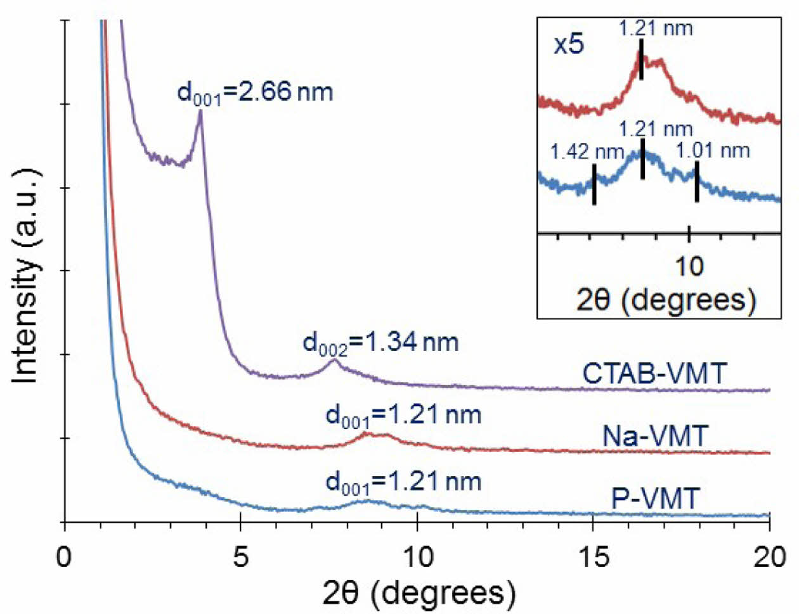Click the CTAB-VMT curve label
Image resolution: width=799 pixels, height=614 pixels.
pyautogui.click(x=654, y=373)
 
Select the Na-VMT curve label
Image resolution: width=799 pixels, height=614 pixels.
pyautogui.click(x=654, y=436)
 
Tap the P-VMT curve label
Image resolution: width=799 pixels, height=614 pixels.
pyautogui.click(x=654, y=499)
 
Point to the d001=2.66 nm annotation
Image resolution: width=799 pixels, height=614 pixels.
pyautogui.click(x=255, y=93)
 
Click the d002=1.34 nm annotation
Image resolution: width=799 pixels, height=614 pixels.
pyautogui.click(x=380, y=343)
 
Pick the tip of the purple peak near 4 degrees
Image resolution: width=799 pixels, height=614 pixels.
pyautogui.click(x=200, y=112)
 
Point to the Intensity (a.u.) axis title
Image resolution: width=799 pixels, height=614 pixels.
pyautogui.click(x=27, y=276)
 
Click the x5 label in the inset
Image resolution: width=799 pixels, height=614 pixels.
pyautogui.click(x=569, y=46)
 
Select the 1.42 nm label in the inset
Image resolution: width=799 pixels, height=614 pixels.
pyautogui.click(x=587, y=152)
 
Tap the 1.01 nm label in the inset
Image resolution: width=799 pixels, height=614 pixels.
pyautogui.click(x=713, y=151)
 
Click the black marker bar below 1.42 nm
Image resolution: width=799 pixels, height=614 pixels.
pyautogui.click(x=594, y=184)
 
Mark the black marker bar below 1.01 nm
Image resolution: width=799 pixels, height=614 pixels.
pyautogui.click(x=696, y=182)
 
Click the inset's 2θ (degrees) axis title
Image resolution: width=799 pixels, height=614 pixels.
pyautogui.click(x=666, y=299)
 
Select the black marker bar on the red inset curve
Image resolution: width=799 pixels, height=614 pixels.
pyautogui.click(x=641, y=60)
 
